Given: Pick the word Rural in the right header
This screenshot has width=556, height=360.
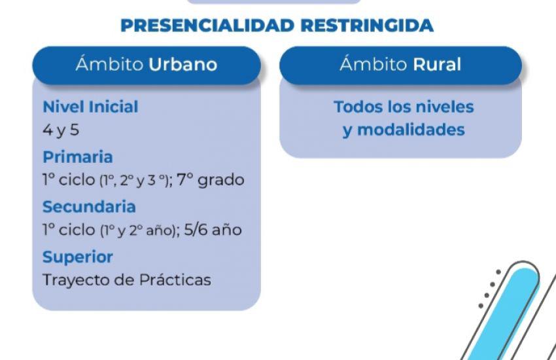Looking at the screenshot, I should point(437,65).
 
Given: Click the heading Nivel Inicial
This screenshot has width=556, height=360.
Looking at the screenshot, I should point(90,107).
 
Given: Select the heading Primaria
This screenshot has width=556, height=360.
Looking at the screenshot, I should point(78,157).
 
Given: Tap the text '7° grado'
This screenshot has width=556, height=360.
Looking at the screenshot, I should point(212,180).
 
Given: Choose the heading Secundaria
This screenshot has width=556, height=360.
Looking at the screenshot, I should point(89,207).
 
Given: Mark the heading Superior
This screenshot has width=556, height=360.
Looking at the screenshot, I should point(78,257).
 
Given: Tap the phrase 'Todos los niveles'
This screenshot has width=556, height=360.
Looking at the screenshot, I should point(404,107).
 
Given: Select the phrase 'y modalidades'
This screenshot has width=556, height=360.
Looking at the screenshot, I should point(404,130).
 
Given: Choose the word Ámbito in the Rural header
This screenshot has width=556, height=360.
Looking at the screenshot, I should point(375,65).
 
